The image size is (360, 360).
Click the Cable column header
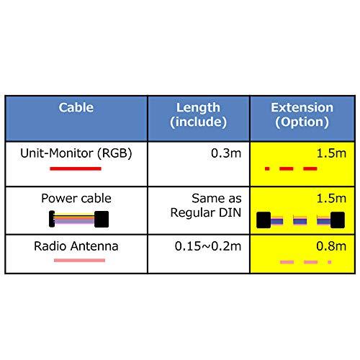tap(76, 109)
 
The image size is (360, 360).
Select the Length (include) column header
tap(199, 115)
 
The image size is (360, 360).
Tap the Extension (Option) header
tap(302, 115)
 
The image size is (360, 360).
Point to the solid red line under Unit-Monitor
tap(75, 168)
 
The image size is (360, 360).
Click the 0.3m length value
tap(228, 153)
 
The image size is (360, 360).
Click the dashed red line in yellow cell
tap(290, 168)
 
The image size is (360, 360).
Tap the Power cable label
tap(76, 197)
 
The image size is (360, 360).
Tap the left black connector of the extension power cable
tap(264, 219)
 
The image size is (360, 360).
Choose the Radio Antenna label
tap(76, 246)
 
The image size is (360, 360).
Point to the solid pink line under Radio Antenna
tap(75, 261)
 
